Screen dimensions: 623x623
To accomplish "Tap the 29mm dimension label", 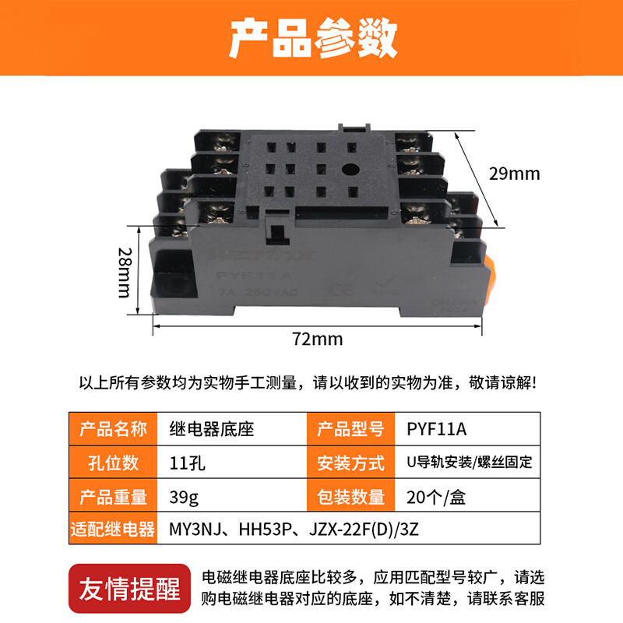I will click(515, 173).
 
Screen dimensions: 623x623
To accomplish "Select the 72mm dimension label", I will click(311, 339).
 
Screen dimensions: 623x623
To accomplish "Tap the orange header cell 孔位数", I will click(113, 462).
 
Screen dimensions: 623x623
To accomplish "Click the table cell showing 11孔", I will click(187, 462).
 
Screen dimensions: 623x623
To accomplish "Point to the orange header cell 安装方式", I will click(350, 463).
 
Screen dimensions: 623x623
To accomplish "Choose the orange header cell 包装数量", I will click(350, 496).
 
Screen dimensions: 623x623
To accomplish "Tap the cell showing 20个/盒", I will click(436, 496).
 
